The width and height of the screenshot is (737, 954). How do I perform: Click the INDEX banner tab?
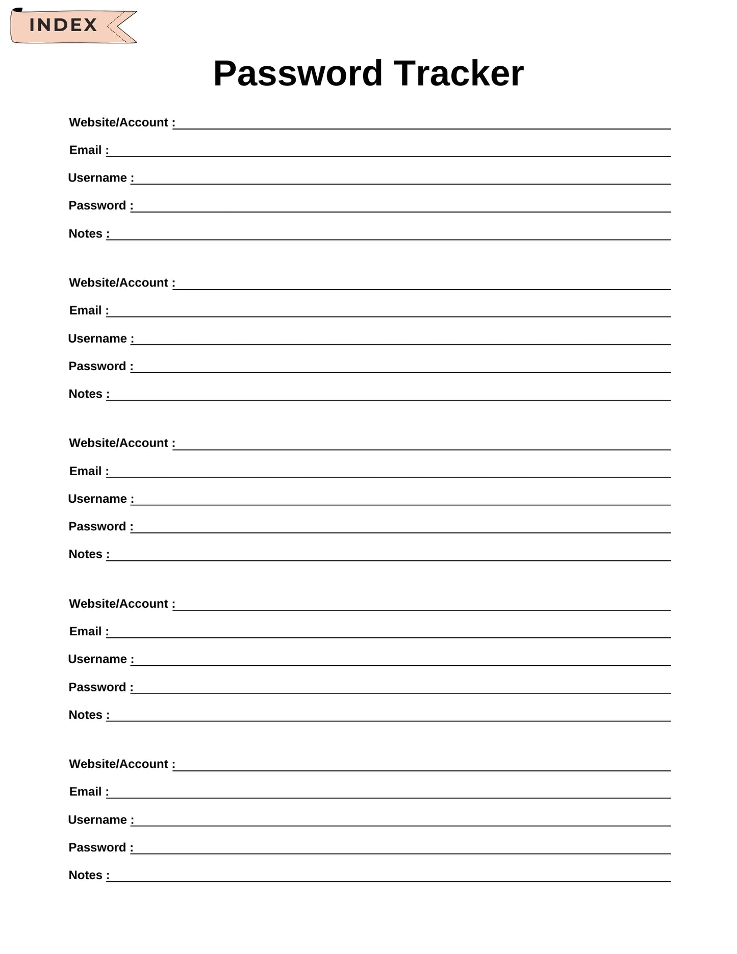point(64,25)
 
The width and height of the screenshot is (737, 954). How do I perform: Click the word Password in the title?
point(298,73)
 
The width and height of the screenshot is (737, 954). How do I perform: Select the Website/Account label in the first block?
point(119,123)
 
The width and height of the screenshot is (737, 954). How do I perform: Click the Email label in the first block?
point(86,150)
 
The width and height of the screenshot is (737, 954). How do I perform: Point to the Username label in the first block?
point(97,178)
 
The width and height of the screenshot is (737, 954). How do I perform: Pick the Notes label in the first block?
point(86,234)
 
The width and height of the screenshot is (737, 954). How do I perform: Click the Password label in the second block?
point(97,366)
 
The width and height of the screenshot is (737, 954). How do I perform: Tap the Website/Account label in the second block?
point(119,283)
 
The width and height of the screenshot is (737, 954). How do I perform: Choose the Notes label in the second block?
point(86,394)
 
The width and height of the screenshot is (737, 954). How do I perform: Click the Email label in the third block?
point(86,471)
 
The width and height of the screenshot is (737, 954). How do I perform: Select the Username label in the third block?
point(97,499)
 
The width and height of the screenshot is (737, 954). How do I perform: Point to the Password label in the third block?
point(97,527)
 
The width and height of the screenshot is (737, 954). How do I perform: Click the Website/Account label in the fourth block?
point(119,604)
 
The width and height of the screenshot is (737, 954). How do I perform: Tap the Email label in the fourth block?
point(86,632)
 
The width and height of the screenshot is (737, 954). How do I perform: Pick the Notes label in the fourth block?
point(86,715)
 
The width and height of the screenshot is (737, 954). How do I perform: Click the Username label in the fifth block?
point(97,820)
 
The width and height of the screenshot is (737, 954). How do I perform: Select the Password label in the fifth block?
point(97,847)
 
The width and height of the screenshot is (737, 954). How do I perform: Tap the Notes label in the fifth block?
point(86,875)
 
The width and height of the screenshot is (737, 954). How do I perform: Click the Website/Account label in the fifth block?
point(119,764)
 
